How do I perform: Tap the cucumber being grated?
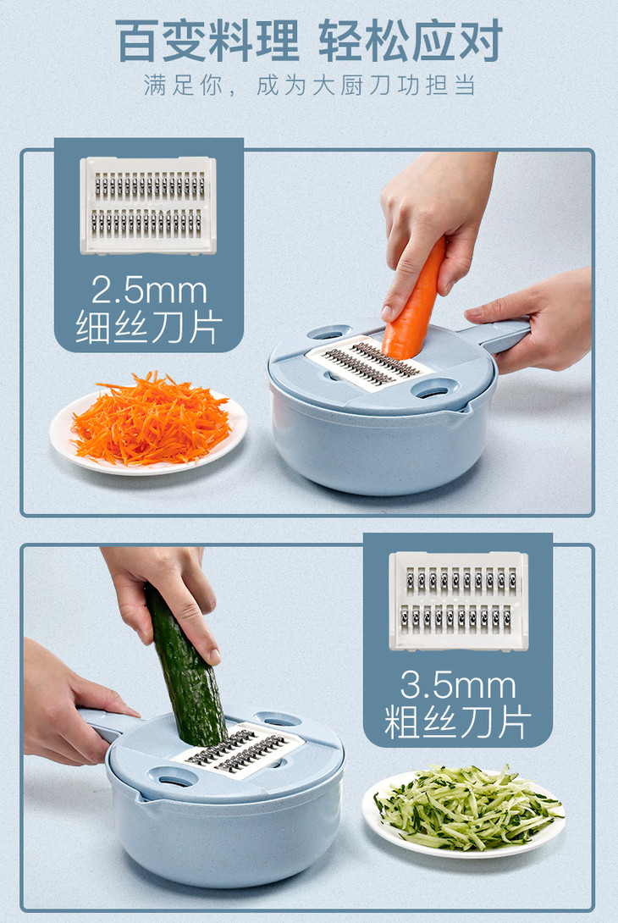[185, 668]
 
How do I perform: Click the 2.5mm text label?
[149, 290]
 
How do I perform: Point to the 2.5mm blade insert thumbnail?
[148, 206]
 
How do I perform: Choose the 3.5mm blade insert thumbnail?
[459, 601]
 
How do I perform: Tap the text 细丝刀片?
[149, 328]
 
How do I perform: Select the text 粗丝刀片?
[458, 721]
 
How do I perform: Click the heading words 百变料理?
[207, 41]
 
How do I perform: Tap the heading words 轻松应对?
[411, 41]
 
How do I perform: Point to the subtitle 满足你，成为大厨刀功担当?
[310, 86]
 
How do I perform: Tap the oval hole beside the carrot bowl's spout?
[435, 389]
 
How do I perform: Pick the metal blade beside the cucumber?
[239, 750]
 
